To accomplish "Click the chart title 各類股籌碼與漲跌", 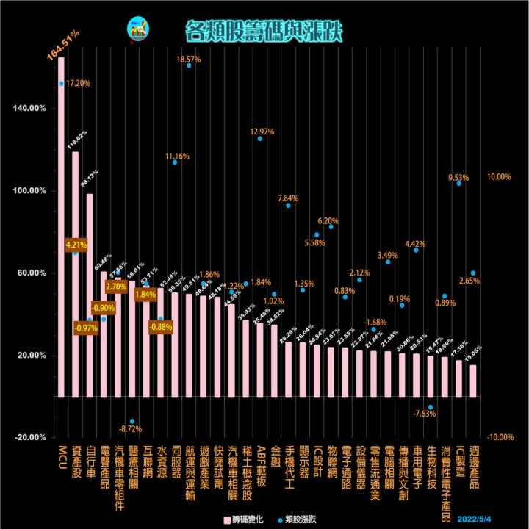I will coord(263,30).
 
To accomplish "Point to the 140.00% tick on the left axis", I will coord(29,109).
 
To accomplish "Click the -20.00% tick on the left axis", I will coord(29,438).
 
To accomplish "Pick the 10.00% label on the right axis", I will coord(499,177).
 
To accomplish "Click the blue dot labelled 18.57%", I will coord(189,65).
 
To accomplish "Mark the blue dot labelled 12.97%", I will coord(259,138).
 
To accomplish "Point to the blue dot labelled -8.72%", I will coord(132,421).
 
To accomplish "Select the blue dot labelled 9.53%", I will coord(458,183).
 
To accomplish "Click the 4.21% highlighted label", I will coord(76,244).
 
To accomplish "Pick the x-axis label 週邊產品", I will coord(473,467).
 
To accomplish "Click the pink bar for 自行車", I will coord(90,295).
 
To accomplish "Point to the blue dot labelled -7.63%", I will coord(431,407).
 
